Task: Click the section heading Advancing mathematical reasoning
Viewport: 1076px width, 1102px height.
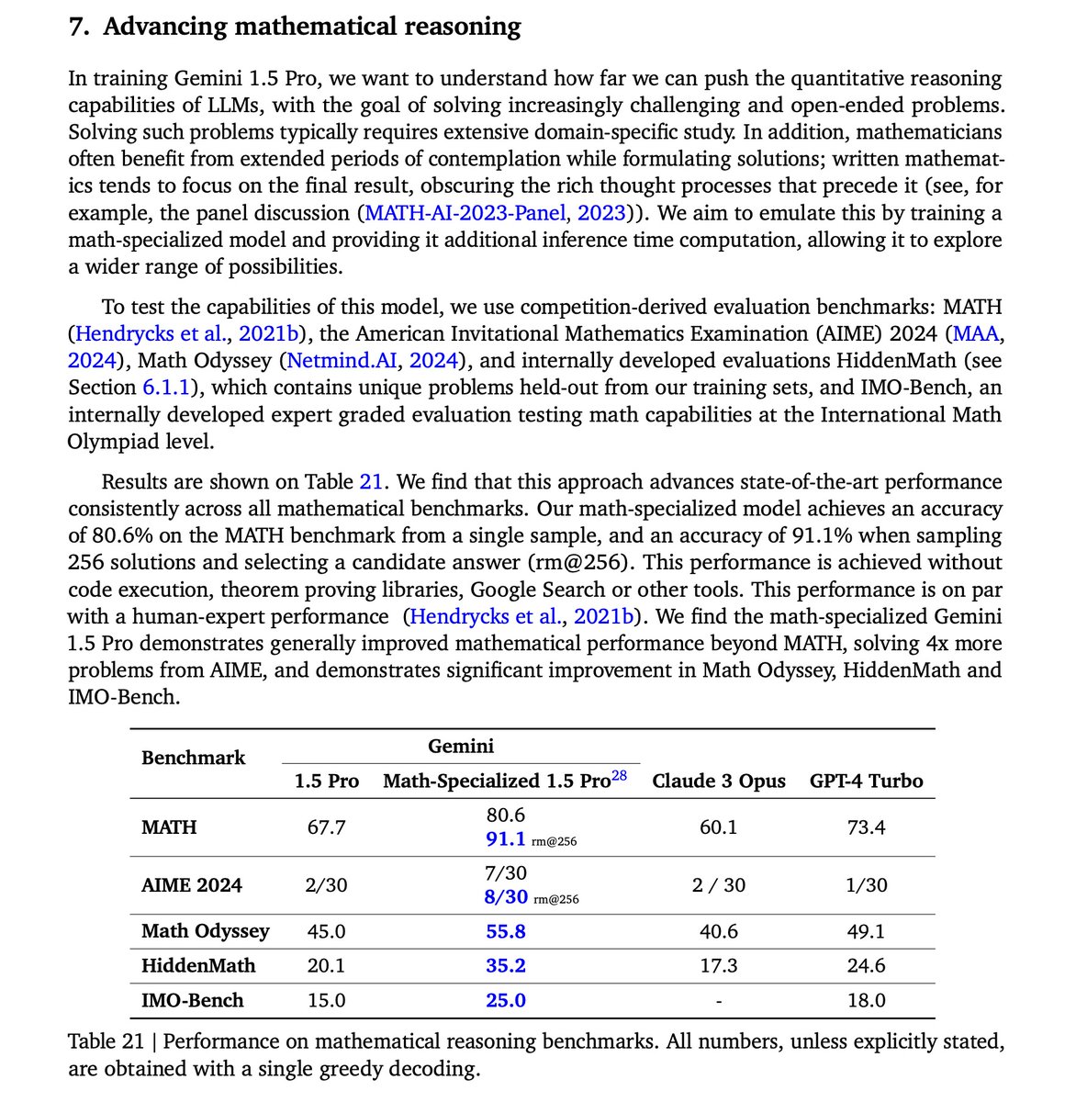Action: tap(311, 27)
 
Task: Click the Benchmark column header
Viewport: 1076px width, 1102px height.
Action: tap(193, 758)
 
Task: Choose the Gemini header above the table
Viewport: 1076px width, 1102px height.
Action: tap(461, 746)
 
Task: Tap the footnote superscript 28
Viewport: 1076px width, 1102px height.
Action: tap(620, 775)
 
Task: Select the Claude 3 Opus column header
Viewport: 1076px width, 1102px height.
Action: tap(719, 782)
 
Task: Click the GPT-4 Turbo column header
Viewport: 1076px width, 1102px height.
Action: tap(866, 782)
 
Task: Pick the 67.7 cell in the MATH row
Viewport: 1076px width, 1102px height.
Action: tap(327, 827)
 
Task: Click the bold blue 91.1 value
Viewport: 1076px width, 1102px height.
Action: tap(505, 839)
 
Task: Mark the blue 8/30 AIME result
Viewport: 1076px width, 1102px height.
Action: tap(506, 897)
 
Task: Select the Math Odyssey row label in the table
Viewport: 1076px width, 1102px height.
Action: tap(206, 931)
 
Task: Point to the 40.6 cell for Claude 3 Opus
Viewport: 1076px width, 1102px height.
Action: tap(718, 931)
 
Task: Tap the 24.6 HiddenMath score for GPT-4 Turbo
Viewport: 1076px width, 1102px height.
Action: tap(866, 965)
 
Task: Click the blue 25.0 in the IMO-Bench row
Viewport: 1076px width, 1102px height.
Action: tap(506, 1000)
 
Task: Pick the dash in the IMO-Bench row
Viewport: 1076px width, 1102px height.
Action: tap(718, 1001)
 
